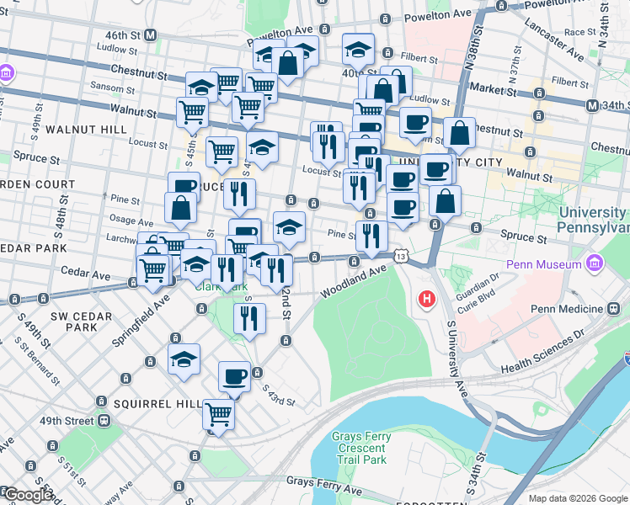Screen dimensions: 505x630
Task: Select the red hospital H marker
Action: click(427, 298)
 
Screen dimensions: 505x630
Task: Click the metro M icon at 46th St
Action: click(151, 35)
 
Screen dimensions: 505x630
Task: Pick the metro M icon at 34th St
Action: click(592, 105)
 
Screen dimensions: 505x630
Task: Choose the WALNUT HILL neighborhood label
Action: click(87, 130)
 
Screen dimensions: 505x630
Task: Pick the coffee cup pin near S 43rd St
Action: click(234, 375)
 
